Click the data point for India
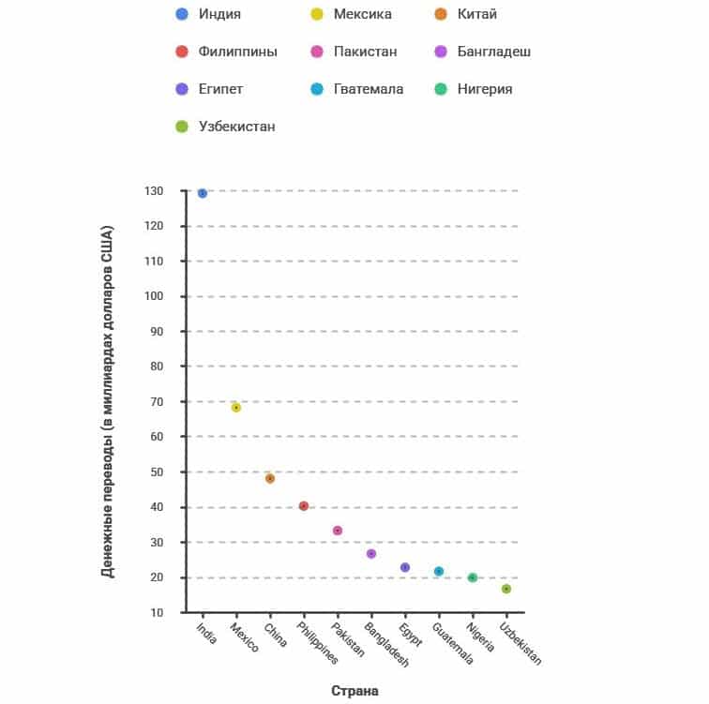[x=203, y=193]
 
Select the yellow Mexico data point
[x=236, y=408]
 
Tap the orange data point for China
[x=270, y=478]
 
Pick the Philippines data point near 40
[x=304, y=506]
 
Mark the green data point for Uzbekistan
[x=506, y=589]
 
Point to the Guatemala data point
[x=439, y=571]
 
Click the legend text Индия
[x=219, y=14]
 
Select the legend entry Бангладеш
[x=494, y=52]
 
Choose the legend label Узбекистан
[x=236, y=127]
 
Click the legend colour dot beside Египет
[x=182, y=89]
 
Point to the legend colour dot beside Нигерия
[x=441, y=89]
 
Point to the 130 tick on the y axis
[x=153, y=191]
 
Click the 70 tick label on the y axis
[x=157, y=402]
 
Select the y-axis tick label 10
[x=157, y=613]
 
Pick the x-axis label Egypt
[x=410, y=635]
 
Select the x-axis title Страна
[x=354, y=691]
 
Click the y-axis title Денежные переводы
[x=107, y=401]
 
